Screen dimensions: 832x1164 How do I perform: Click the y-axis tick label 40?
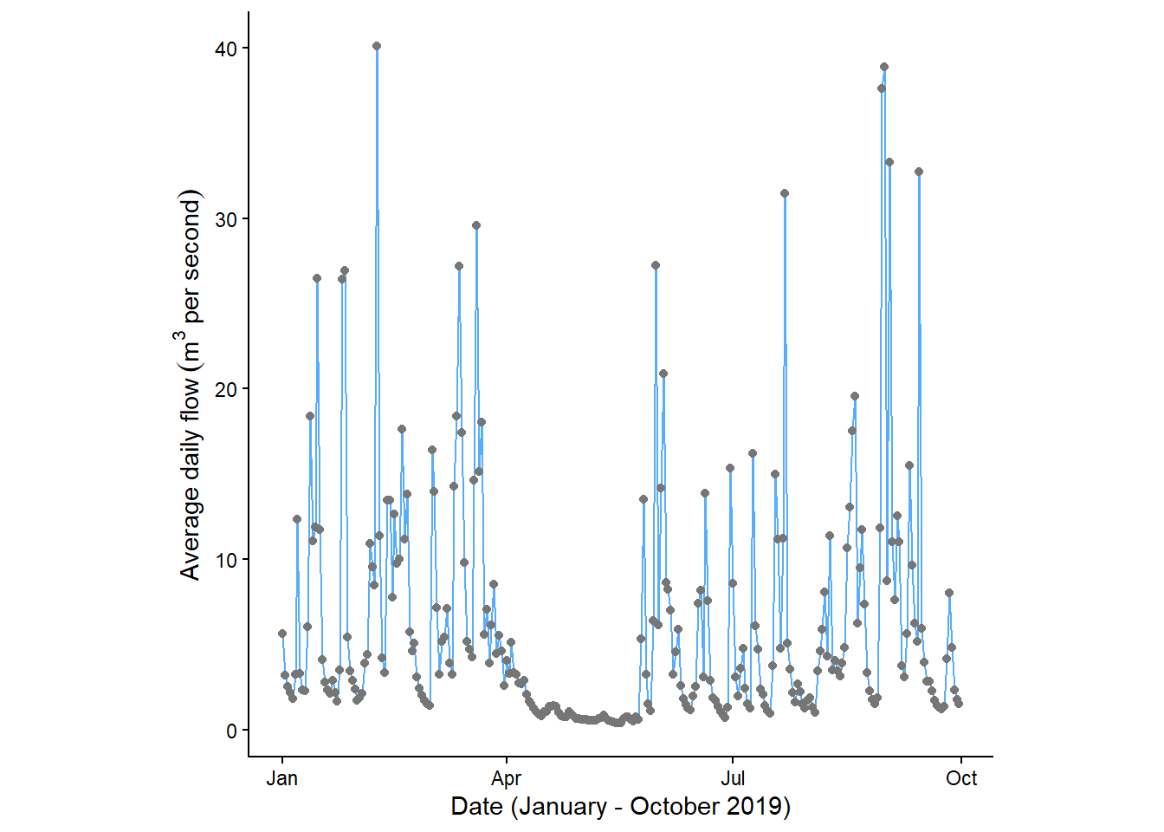(x=226, y=49)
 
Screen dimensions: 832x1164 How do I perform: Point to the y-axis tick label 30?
(x=226, y=219)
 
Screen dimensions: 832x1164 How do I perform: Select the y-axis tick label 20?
(x=226, y=389)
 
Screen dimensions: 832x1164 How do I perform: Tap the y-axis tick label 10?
(x=226, y=560)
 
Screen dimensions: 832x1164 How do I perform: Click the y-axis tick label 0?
(x=231, y=731)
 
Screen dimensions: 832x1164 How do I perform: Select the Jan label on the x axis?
(x=282, y=778)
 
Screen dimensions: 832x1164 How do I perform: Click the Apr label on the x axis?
(x=507, y=778)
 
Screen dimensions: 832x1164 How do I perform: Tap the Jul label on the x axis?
(x=733, y=778)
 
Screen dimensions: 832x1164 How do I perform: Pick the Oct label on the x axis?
(x=961, y=778)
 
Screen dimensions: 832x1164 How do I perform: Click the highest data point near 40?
(x=377, y=46)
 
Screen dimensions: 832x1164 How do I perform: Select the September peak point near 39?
(x=884, y=67)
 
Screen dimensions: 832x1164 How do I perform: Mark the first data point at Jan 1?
(x=282, y=634)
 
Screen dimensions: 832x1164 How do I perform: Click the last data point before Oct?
(x=959, y=704)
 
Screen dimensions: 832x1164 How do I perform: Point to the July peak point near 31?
(x=785, y=193)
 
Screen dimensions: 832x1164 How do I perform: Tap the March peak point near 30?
(x=476, y=225)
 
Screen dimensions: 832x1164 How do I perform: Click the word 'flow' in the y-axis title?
(x=190, y=393)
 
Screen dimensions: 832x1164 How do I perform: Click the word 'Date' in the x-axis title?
(x=477, y=807)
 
